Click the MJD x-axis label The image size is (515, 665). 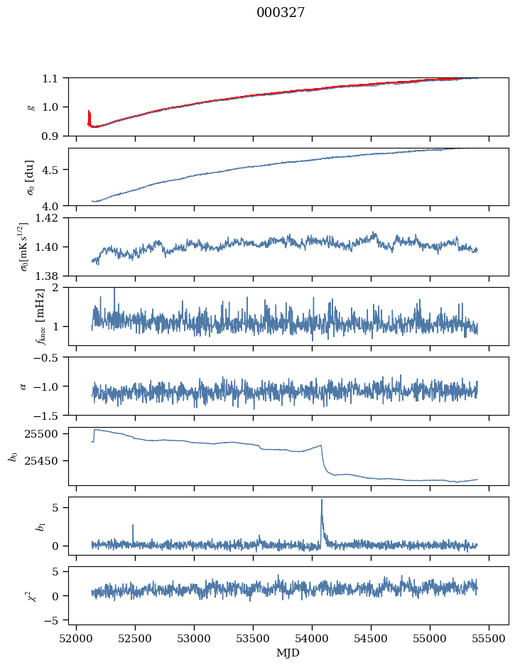click(x=288, y=653)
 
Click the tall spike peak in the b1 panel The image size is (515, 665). click(x=322, y=499)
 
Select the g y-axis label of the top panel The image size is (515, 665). click(x=31, y=107)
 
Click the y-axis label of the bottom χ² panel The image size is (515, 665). click(x=28, y=595)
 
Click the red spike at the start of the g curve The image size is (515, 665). click(x=89, y=117)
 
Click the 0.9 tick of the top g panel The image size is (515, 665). click(x=55, y=136)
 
